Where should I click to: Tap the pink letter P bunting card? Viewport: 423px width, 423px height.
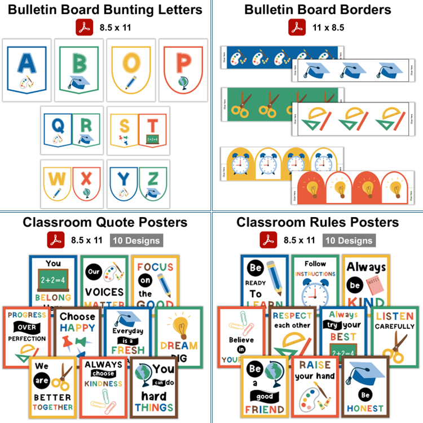184,61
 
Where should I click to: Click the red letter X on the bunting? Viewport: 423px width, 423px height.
86,178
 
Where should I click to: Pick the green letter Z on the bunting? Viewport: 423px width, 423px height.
152,178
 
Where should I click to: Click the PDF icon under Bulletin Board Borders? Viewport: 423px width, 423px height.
297,27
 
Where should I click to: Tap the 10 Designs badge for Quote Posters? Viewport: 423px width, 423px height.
136,240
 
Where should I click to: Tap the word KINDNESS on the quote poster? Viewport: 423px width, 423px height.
103,384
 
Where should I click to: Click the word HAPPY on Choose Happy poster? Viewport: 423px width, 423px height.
77,328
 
